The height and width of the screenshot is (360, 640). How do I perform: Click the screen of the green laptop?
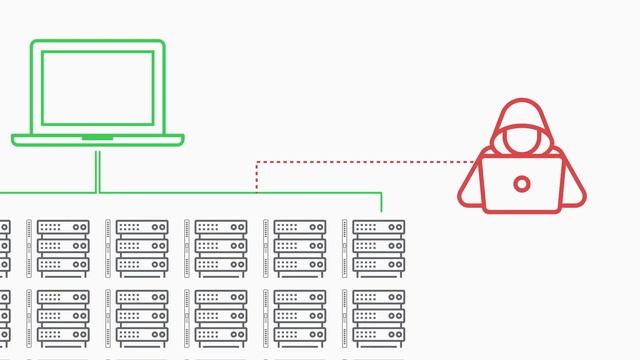tap(97, 86)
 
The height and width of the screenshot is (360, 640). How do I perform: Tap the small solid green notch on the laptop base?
tap(97, 137)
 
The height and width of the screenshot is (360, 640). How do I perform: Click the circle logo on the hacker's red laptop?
tap(522, 183)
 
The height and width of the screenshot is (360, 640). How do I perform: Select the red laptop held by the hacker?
tap(521, 184)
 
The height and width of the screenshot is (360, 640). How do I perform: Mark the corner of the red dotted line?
tap(257, 161)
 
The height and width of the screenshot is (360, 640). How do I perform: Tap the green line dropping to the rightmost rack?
tap(382, 202)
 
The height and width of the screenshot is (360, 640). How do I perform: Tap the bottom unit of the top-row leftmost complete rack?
tap(63, 266)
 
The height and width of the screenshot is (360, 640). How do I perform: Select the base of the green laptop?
tap(97, 140)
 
